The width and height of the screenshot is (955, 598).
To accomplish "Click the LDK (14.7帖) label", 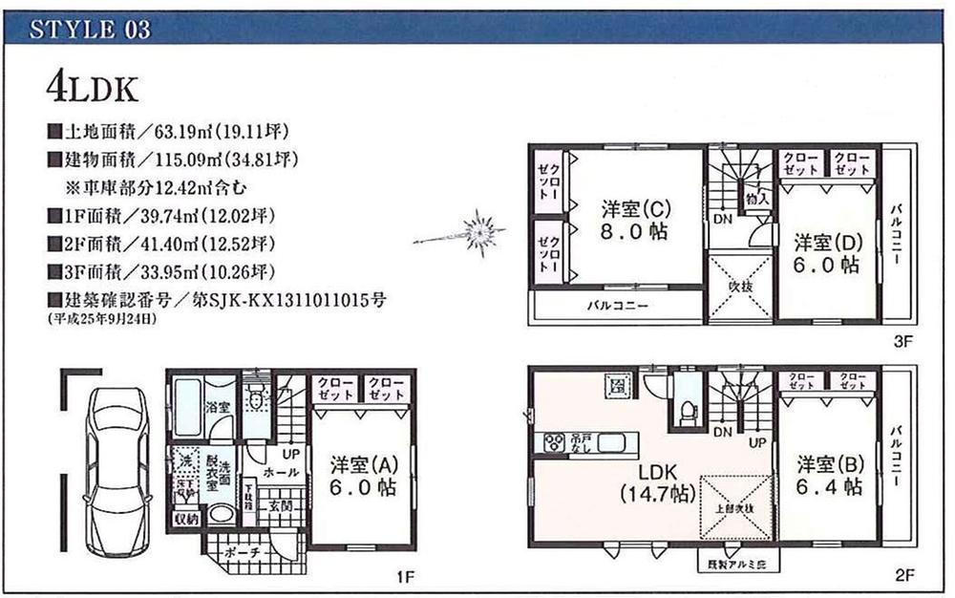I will pyautogui.click(x=655, y=484).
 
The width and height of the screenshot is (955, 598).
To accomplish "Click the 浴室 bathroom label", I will pyautogui.click(x=217, y=407).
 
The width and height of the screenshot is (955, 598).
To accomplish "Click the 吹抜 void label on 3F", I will pyautogui.click(x=739, y=284).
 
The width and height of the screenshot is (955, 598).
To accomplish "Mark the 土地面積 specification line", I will pyautogui.click(x=167, y=129).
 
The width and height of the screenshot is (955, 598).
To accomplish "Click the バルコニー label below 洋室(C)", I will pyautogui.click(x=618, y=308).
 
